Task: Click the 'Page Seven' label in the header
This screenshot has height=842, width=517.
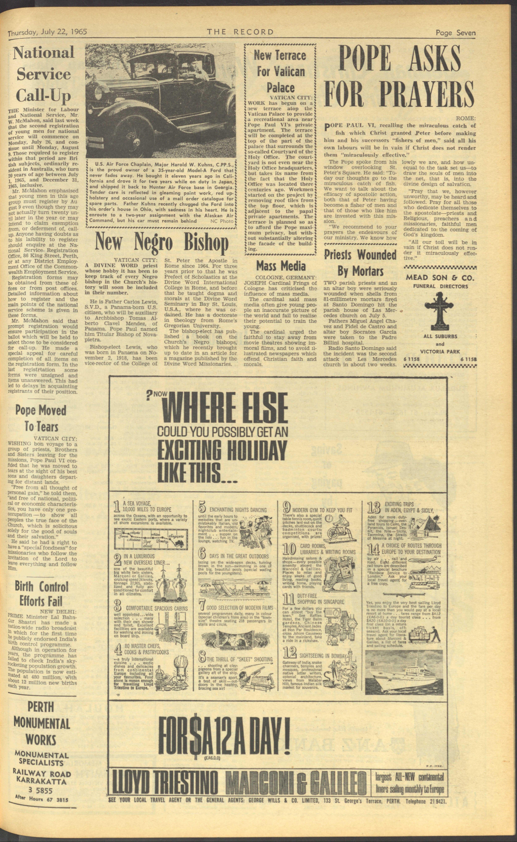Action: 455,33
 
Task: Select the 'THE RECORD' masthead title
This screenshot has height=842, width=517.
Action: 240,32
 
